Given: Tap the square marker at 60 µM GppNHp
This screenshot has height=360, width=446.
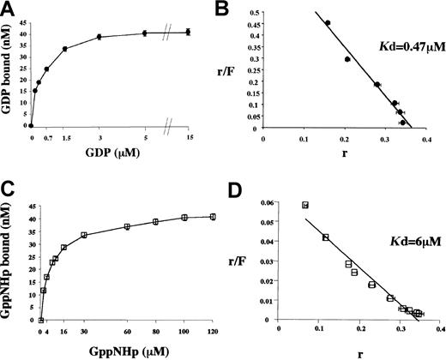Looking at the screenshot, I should tap(127, 226).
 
